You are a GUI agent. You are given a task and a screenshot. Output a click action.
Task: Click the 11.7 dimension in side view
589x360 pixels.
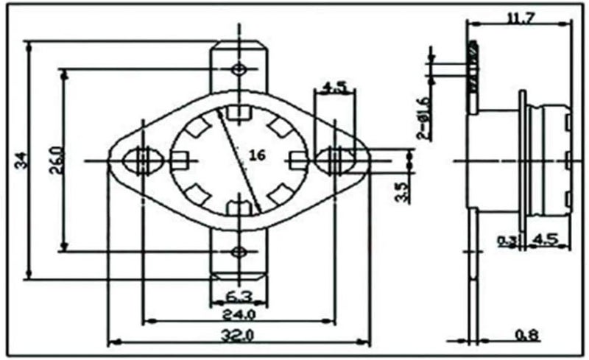[x=521, y=17]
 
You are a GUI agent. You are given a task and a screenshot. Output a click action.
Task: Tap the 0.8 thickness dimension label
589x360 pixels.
[x=526, y=335]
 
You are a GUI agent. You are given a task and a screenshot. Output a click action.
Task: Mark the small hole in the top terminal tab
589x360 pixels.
[x=238, y=69]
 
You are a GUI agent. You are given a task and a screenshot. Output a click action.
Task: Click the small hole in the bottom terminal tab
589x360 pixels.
[x=238, y=252]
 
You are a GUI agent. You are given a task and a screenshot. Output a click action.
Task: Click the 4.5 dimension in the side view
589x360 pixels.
[x=543, y=240]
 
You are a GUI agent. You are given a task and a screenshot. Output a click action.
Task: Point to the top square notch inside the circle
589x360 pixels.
[x=238, y=113]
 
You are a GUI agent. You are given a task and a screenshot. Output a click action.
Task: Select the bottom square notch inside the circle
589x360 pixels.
[x=238, y=208]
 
